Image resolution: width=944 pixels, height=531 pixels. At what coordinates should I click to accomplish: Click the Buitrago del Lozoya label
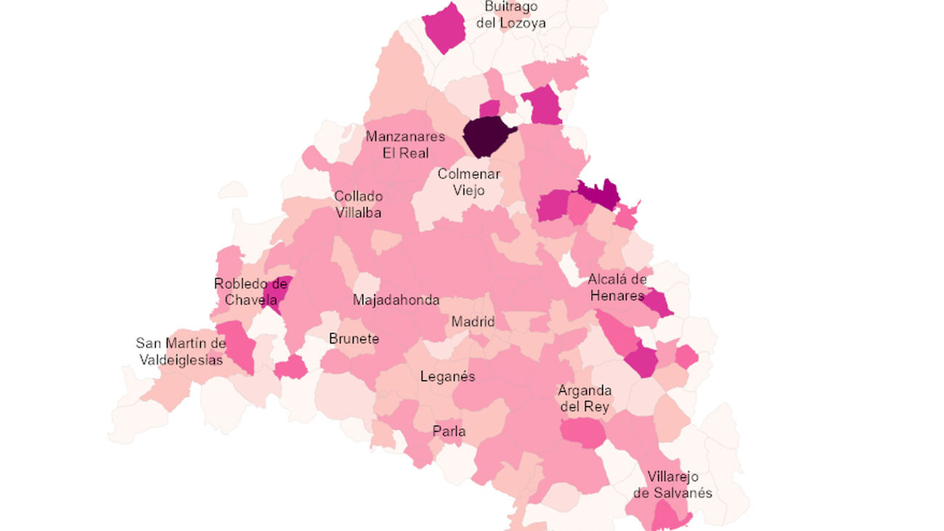click(x=511, y=15)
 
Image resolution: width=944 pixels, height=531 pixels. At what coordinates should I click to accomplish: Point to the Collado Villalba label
click(x=358, y=204)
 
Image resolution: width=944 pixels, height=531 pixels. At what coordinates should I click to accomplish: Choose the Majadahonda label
click(x=396, y=300)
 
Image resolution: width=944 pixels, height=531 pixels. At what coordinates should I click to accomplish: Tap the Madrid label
click(x=473, y=322)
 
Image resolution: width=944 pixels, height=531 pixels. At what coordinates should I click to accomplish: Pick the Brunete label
click(x=354, y=339)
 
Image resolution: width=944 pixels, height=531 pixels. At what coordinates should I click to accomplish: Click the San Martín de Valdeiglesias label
click(x=181, y=351)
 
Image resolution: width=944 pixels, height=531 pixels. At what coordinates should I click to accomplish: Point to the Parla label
click(x=449, y=431)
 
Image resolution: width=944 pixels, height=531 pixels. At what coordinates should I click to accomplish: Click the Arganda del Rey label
click(x=585, y=399)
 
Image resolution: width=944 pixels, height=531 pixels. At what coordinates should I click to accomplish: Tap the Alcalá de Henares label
click(x=617, y=287)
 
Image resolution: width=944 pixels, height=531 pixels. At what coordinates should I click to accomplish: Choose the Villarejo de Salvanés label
click(x=672, y=485)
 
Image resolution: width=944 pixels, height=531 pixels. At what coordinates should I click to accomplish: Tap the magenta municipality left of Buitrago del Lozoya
click(x=444, y=28)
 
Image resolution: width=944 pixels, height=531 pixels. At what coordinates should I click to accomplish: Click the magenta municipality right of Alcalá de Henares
click(x=659, y=303)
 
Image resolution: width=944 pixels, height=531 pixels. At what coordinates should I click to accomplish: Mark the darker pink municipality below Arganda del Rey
click(x=583, y=434)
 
